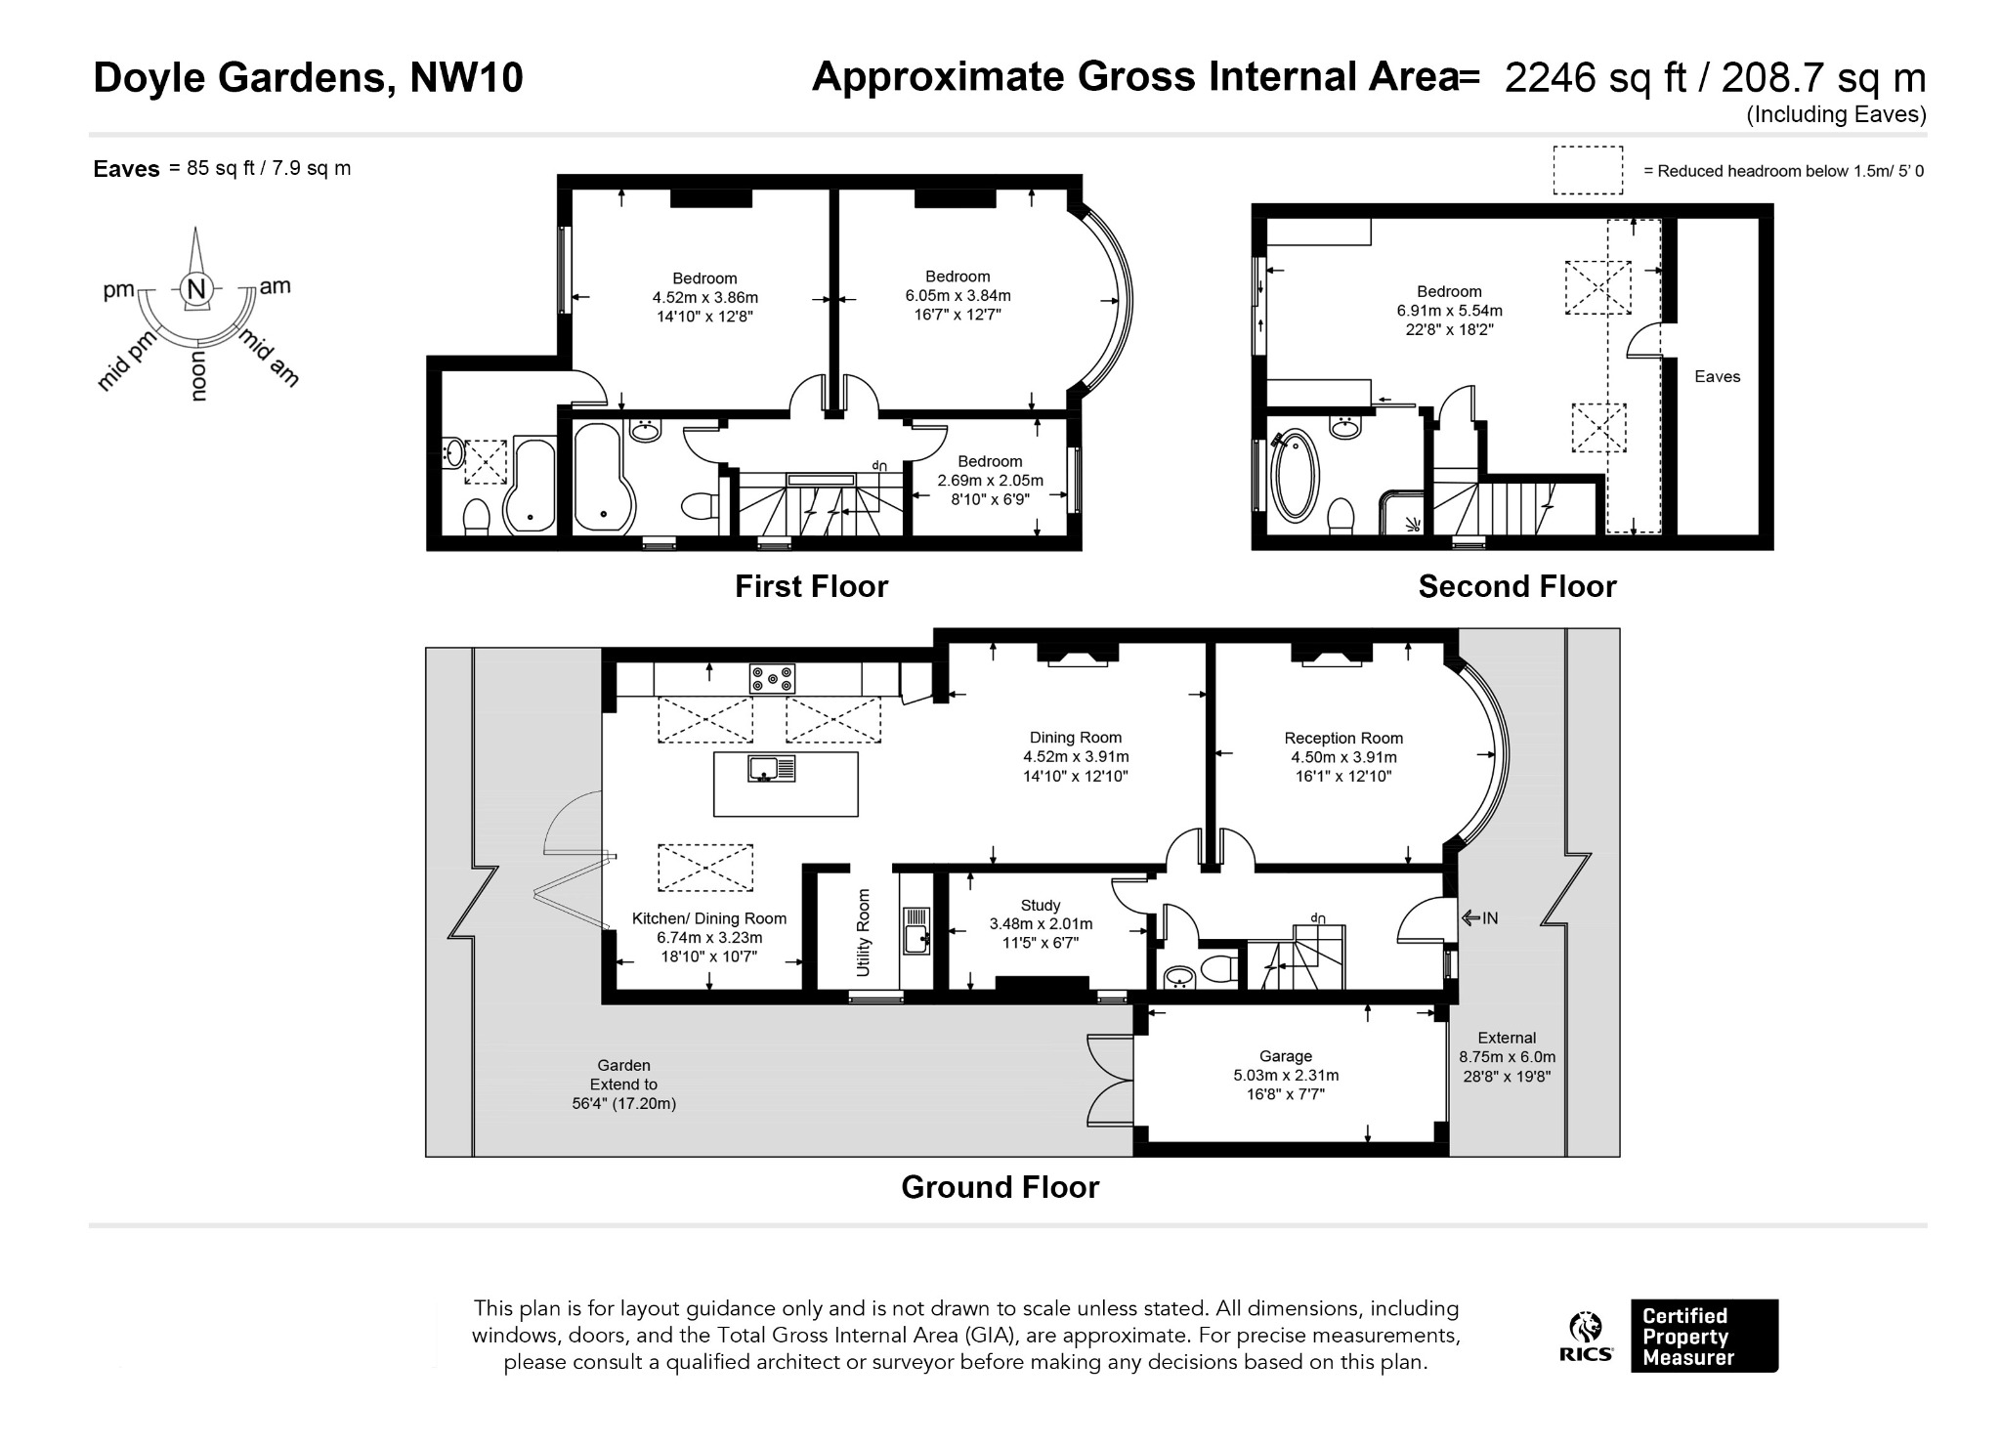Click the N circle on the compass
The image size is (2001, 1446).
point(196,289)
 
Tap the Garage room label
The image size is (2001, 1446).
point(1286,1075)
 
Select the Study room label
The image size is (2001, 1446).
point(1041,923)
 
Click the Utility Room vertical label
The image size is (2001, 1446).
point(863,932)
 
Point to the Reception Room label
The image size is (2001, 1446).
point(1343,757)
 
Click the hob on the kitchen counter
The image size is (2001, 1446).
point(772,678)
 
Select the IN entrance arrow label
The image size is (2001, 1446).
point(1480,917)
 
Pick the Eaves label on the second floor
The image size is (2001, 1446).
point(1717,376)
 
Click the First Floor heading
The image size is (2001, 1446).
point(811,586)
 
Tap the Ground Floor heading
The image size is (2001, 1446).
point(1000,1186)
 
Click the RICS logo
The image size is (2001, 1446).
point(1585,1337)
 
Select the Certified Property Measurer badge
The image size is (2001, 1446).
point(1704,1336)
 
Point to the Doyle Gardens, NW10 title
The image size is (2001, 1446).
point(308,77)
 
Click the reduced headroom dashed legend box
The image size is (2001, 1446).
point(1588,170)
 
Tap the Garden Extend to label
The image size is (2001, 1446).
point(623,1084)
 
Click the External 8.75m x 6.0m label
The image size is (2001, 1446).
point(1507,1057)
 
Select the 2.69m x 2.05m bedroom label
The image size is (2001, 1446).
point(990,480)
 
